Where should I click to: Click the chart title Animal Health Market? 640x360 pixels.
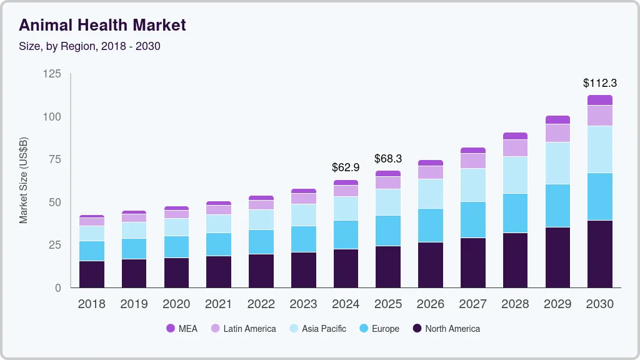coord(102,25)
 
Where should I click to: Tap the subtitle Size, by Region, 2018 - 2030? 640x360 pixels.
coord(89,46)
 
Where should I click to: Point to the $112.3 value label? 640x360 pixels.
coord(599,82)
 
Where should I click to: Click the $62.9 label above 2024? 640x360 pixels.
coord(346,167)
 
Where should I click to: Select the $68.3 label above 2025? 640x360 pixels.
coord(388,159)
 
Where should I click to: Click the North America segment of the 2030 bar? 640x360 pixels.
coord(599,254)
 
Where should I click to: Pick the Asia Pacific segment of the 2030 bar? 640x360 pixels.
coord(599,149)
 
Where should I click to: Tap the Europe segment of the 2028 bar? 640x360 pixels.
coord(515,213)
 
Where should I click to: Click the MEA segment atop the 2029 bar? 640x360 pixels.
coord(557,120)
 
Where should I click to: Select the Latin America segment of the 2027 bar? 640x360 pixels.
coord(472,161)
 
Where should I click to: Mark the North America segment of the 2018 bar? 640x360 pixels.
coord(91,274)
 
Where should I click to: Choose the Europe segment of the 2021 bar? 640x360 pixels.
coord(219,244)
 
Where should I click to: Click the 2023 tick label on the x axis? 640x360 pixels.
coord(303,304)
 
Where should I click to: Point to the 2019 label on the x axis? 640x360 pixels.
coord(134,304)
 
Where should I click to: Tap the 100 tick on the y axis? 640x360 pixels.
coord(52,117)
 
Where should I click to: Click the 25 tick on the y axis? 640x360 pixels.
coord(55,245)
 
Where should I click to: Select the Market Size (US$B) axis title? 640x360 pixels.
coord(24,181)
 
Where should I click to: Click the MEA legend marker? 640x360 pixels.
coord(171,329)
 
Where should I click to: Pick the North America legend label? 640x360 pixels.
coord(452,329)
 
